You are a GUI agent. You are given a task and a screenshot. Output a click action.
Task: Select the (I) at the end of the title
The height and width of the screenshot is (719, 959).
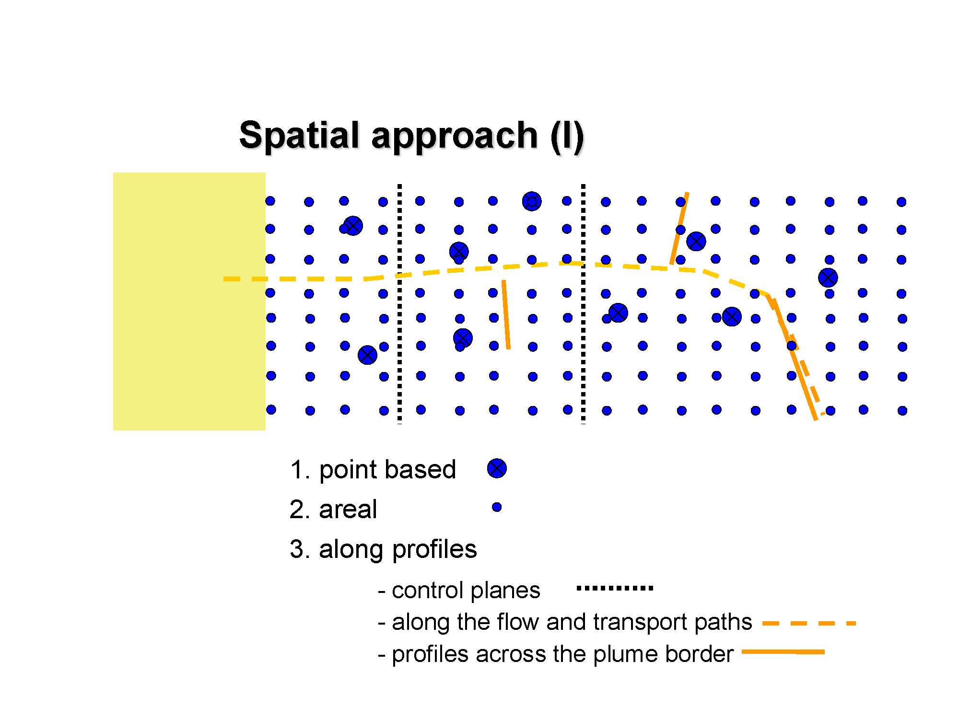pyautogui.click(x=567, y=137)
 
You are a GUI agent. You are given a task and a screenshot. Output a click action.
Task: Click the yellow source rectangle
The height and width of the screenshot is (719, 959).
pyautogui.click(x=189, y=301)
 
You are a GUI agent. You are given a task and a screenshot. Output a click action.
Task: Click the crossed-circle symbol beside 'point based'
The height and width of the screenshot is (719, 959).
pyautogui.click(x=497, y=468)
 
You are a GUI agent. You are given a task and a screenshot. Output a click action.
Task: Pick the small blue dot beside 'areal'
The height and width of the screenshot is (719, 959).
pyautogui.click(x=497, y=507)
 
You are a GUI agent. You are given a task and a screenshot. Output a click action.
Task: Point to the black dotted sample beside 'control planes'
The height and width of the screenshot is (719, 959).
pyautogui.click(x=615, y=588)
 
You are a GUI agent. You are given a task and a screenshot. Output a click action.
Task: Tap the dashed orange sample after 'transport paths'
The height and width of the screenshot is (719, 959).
pyautogui.click(x=809, y=623)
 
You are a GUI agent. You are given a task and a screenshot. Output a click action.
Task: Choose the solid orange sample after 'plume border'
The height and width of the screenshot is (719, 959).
pyautogui.click(x=783, y=652)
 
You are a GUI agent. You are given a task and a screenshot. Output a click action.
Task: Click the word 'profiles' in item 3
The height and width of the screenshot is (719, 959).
pyautogui.click(x=434, y=549)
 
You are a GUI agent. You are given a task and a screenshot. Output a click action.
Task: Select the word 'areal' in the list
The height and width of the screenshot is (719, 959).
pyautogui.click(x=348, y=509)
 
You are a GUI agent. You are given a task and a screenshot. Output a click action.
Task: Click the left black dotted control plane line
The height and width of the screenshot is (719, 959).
pyautogui.click(x=399, y=304)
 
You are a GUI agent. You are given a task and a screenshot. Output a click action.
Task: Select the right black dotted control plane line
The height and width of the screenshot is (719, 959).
pyautogui.click(x=583, y=304)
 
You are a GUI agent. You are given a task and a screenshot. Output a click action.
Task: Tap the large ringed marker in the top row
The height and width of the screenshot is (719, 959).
pyautogui.click(x=532, y=201)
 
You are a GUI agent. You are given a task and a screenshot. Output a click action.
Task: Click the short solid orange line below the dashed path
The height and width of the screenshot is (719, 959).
pyautogui.click(x=506, y=314)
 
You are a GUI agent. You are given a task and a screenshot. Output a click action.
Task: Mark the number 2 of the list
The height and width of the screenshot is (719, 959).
pyautogui.click(x=297, y=509)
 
